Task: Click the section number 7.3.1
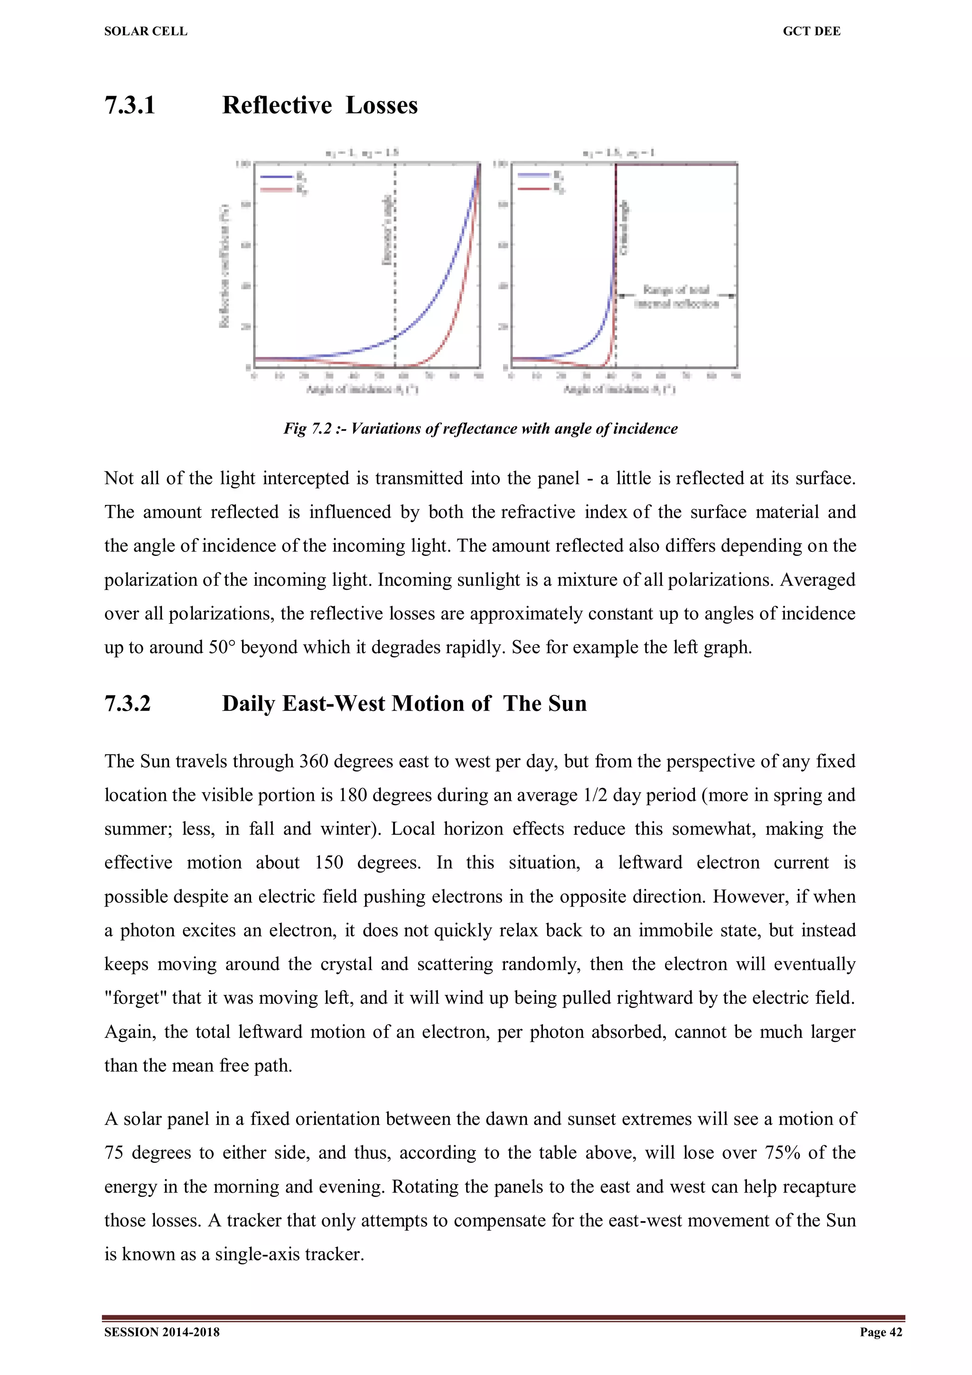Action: coord(130,105)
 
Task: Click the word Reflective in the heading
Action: coord(277,105)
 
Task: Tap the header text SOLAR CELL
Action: coord(146,31)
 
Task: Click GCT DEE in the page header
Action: coord(811,31)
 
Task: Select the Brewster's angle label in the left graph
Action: coord(387,229)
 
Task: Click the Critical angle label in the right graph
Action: coord(624,227)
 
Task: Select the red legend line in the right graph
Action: coord(533,188)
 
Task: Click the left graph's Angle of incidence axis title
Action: coord(362,389)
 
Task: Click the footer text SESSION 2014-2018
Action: coord(162,1332)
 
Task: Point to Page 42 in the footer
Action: coord(880,1332)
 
